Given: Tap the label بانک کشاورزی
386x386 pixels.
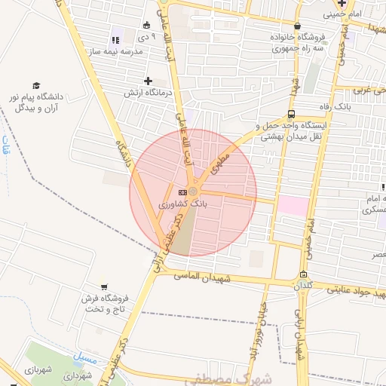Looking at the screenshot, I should (182, 204).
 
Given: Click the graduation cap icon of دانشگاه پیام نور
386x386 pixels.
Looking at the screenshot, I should (35, 86).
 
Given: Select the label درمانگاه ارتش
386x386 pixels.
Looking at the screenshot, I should (149, 93).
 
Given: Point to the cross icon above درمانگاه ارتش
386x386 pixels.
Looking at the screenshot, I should (148, 81).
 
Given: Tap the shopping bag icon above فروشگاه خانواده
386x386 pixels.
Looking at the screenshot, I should (280, 24).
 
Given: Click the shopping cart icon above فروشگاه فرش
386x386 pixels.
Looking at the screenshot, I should (103, 286).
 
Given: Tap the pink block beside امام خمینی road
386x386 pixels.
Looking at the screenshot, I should (293, 206).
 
